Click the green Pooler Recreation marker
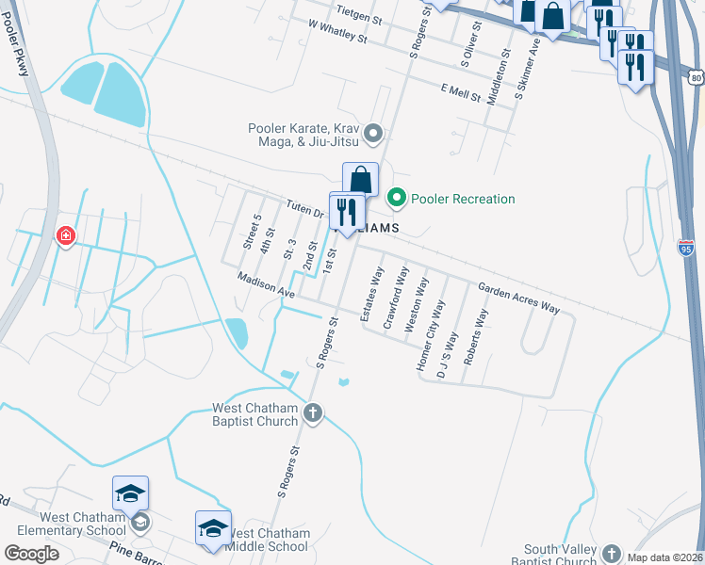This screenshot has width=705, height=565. tap(397, 198)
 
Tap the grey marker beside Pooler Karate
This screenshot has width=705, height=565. tap(373, 134)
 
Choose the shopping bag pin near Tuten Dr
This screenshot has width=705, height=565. tap(360, 180)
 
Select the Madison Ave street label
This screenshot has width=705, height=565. tap(267, 286)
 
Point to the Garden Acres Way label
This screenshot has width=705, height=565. tap(518, 299)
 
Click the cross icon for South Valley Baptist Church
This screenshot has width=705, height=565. tap(612, 554)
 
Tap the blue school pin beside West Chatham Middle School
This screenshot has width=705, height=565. tap(213, 528)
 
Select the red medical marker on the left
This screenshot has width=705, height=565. tap(66, 235)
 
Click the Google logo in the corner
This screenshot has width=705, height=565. tap(31, 554)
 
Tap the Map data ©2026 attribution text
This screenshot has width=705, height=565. tap(665, 557)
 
